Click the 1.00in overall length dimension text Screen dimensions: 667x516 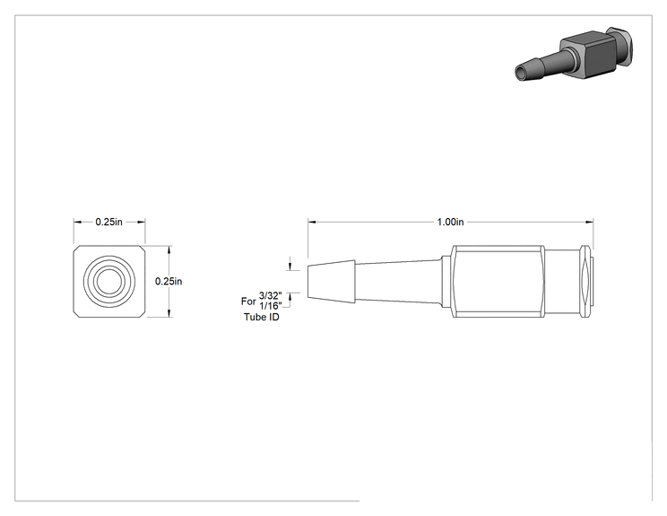450,222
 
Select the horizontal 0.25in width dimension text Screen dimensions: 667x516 108,222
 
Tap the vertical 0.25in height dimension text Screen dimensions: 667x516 169,282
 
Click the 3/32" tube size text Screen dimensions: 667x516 271,296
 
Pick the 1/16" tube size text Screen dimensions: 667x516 271,306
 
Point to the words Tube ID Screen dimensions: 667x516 262,317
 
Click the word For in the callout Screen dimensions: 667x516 248,302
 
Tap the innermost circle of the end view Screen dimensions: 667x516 109,281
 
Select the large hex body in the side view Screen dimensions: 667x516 498,282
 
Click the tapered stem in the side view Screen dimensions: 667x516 398,282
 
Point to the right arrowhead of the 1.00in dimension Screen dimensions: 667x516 590,222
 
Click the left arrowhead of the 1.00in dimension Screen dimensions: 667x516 312,222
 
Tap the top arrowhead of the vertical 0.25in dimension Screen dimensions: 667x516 169,249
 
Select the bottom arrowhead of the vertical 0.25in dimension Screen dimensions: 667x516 169,313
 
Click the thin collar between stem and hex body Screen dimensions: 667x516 446,282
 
